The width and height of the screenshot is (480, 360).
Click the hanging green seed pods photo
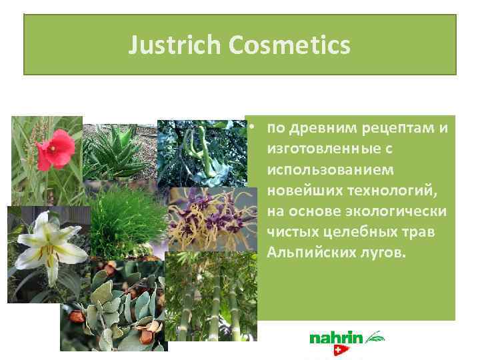point(200,150)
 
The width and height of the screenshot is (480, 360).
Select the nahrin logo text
point(336,339)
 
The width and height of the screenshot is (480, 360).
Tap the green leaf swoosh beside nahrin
point(375,335)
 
